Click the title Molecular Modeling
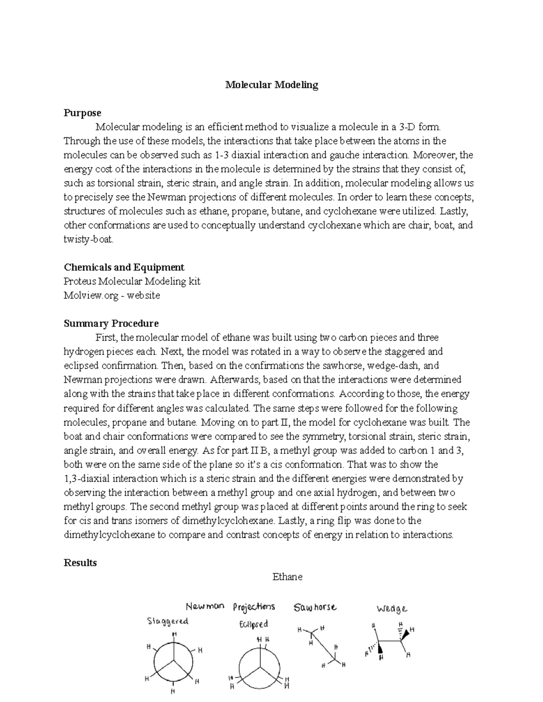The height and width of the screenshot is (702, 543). point(272,85)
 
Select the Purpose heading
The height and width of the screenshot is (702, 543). point(82,113)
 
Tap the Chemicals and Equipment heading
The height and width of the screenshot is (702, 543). point(124,267)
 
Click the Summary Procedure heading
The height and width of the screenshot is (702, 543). point(111,324)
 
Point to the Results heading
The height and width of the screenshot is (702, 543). point(81,563)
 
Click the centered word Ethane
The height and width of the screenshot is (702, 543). point(287,577)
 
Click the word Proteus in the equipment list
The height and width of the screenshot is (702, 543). point(80,282)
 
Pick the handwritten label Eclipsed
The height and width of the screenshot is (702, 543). point(253,624)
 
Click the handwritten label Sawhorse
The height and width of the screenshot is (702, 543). point(315,608)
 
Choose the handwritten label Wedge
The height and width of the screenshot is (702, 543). point(392,609)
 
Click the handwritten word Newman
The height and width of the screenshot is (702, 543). point(205,606)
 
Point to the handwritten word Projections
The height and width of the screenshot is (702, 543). point(254,607)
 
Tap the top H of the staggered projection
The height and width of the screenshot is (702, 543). point(174,634)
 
